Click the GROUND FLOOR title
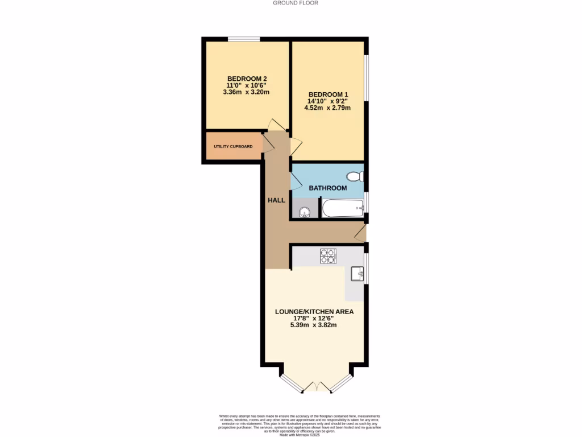click(296, 3)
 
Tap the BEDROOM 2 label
click(247, 79)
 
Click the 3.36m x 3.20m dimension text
click(247, 92)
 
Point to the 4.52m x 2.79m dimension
click(328, 108)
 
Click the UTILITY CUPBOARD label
click(233, 147)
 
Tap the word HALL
click(277, 200)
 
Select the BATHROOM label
click(327, 188)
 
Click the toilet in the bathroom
click(356, 176)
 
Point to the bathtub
click(342, 208)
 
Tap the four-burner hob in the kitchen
click(329, 257)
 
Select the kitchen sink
click(357, 274)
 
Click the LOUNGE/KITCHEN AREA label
click(314, 312)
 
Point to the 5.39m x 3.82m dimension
click(314, 325)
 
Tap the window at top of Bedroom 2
click(244, 39)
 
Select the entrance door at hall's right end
click(360, 232)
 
